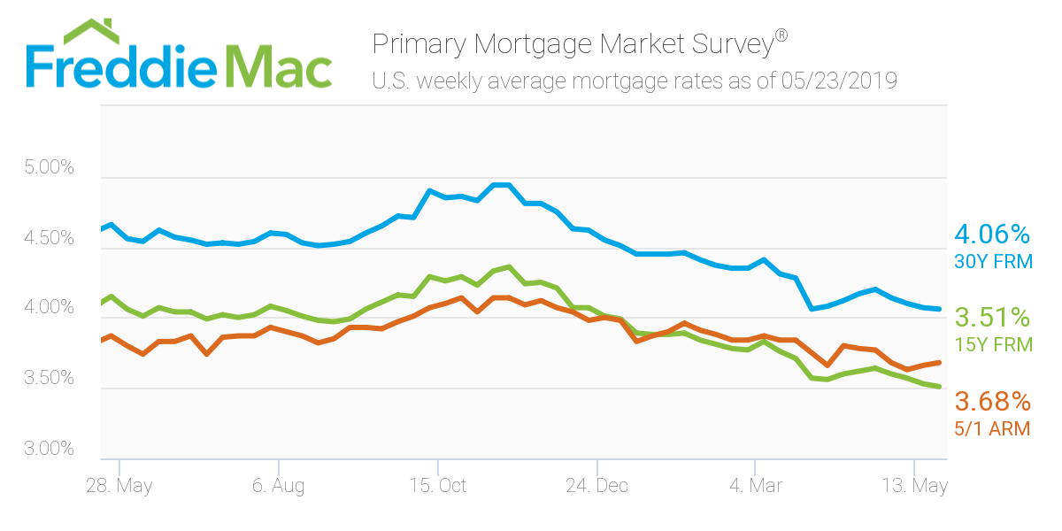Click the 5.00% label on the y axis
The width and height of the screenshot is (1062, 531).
coord(50,168)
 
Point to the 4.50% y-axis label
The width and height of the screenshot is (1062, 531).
coord(50,238)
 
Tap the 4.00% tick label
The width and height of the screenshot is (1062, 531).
coord(50,308)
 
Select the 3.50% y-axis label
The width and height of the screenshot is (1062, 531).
coord(50,379)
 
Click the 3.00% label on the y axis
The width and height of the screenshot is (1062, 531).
coord(50,449)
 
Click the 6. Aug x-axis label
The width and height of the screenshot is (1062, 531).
coord(279,486)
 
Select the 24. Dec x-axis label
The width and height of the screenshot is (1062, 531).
coord(597,486)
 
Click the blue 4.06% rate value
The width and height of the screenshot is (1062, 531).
coord(992,235)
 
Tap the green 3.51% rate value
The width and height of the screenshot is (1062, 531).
coord(992,318)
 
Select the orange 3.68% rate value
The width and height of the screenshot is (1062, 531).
coord(992,402)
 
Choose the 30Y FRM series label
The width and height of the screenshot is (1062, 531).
coord(993,261)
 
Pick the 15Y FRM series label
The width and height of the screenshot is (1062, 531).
coord(993,344)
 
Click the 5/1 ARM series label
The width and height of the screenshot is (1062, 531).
coord(993,428)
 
